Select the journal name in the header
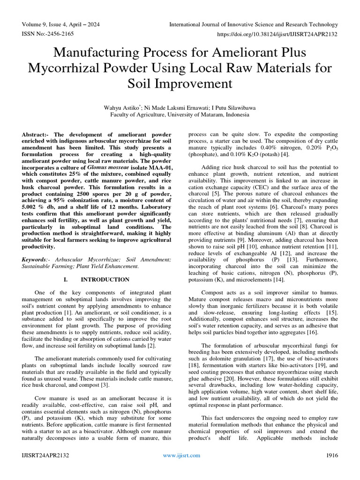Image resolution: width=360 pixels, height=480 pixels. pos(253,24)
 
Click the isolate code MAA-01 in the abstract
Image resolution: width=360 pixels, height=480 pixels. pos(158,180)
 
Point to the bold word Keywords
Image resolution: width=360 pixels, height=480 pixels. pos(35,259)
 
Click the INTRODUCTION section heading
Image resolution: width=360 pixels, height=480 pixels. pos(105,280)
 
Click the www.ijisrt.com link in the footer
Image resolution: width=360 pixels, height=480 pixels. pos(181,455)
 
